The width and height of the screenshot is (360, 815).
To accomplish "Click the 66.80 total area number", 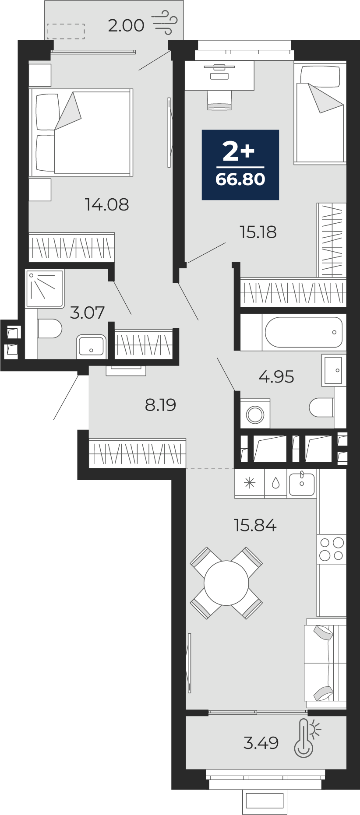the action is pos(240,179).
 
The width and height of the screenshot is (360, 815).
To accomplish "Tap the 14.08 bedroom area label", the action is pos(107,204).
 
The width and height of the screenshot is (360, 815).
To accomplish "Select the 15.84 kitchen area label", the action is pos(255,525).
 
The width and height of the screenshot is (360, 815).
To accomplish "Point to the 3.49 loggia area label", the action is pos(261,743).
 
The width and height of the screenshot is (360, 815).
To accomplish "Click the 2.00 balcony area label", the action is pos(126,25).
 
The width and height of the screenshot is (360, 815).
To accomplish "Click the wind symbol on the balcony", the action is pos(165,22).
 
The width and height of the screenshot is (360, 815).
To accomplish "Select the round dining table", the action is pos(226,583).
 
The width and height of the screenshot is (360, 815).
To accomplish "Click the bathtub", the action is pos(304,332).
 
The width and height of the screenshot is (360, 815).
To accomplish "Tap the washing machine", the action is pos(255,414).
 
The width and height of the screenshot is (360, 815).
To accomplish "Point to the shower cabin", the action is pos(45,288).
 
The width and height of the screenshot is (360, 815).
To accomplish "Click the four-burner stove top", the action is pos(332,549).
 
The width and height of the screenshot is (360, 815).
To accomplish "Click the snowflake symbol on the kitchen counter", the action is pos(250,483).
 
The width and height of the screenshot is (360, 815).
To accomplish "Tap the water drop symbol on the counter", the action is pos(275,483).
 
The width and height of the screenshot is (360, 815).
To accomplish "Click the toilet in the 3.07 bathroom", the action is pos(49,329).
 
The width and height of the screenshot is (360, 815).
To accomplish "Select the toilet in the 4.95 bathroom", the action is pos(322,408).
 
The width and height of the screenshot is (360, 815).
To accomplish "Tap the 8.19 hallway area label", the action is pos(161,405).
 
